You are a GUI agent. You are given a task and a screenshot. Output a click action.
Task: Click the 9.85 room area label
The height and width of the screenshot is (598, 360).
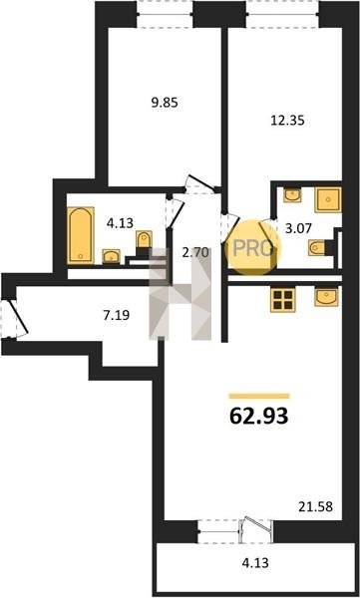click(x=165, y=103)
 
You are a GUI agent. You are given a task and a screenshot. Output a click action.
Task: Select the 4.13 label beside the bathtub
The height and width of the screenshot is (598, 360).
click(x=120, y=223)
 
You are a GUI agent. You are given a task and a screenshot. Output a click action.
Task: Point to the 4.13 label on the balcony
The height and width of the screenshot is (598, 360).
click(x=255, y=562)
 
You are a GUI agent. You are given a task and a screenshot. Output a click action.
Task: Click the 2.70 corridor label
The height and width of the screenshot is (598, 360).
click(x=196, y=252)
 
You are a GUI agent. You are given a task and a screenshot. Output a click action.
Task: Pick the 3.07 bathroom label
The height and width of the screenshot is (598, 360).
click(x=299, y=228)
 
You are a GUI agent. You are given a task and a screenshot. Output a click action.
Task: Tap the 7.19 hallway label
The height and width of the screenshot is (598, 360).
click(x=117, y=315)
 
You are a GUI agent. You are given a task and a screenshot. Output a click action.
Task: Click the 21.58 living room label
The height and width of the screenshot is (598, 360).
click(x=315, y=507)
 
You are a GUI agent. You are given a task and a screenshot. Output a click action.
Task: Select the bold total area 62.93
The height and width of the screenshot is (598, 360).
click(x=259, y=417)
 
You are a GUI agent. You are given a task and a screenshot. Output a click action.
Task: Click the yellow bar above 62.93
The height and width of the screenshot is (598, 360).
click(x=259, y=396)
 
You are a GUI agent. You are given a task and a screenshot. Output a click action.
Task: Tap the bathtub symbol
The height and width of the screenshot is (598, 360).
click(x=81, y=235)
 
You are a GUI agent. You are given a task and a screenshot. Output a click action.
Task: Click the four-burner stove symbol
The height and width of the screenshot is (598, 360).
click(x=282, y=300)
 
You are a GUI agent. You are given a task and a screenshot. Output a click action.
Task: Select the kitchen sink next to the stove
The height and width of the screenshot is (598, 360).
click(x=326, y=297)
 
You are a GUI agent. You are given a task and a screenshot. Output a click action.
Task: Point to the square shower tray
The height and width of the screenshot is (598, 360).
click(x=327, y=199)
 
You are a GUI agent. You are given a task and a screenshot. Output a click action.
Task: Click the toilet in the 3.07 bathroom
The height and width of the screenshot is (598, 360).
click(x=317, y=247)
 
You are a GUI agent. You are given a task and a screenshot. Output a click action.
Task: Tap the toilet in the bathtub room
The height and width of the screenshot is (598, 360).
click(x=144, y=240)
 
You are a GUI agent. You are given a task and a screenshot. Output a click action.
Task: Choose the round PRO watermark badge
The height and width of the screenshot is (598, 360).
click(x=253, y=247)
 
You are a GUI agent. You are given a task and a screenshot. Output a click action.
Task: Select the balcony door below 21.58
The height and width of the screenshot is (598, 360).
click(x=255, y=530)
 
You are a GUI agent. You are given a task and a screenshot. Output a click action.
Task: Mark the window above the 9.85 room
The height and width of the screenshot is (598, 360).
click(x=165, y=15)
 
